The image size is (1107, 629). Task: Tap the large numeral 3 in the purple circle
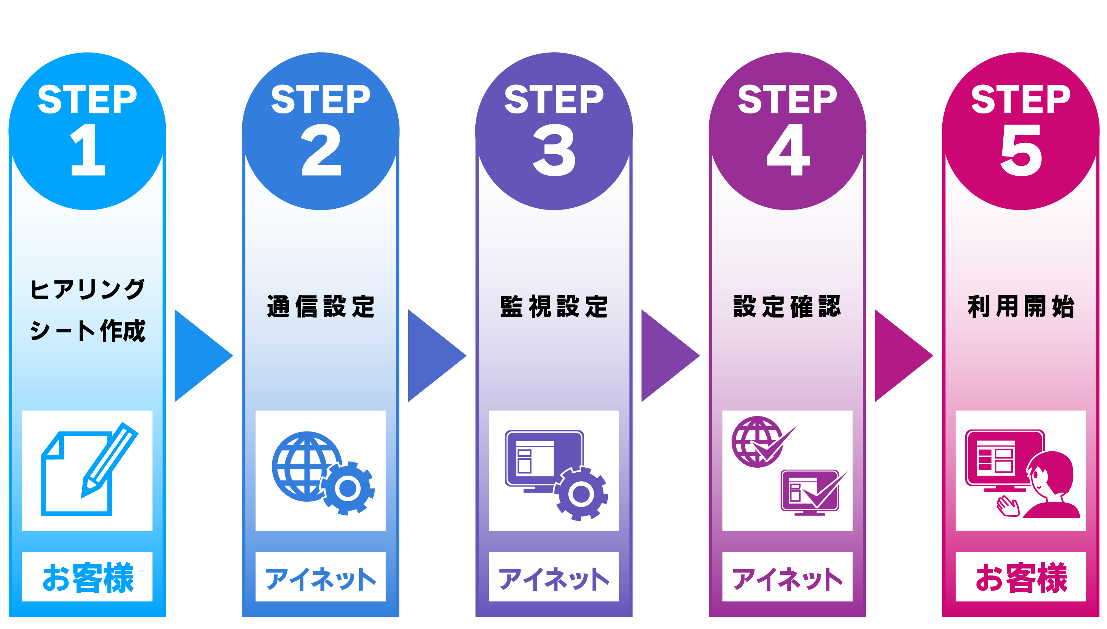click(554, 150)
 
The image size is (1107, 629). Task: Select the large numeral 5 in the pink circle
click(1021, 150)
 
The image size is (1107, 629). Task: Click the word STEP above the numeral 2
click(320, 100)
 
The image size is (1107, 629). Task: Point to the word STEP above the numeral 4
click(787, 100)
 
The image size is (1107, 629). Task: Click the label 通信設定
click(320, 307)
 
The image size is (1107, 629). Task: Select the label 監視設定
click(554, 307)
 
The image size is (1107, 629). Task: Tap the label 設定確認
click(787, 307)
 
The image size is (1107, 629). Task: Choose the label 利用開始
click(1021, 307)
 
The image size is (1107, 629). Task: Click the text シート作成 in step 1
click(88, 331)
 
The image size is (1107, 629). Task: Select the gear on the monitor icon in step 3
click(581, 493)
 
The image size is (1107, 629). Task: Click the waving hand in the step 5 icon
click(1007, 506)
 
